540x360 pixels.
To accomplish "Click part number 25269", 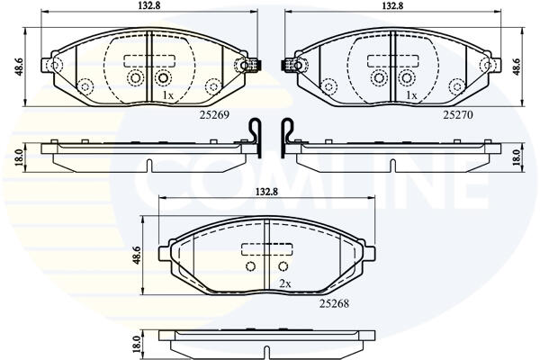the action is pyautogui.click(x=214, y=114).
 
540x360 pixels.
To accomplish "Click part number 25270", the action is pyautogui.click(x=458, y=114).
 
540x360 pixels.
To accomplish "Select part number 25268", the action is pyautogui.click(x=334, y=303).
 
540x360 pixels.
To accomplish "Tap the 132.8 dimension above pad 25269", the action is pyautogui.click(x=148, y=5).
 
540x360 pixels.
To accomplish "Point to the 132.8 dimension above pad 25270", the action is pyautogui.click(x=393, y=5).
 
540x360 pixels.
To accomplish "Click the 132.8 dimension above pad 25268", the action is pyautogui.click(x=266, y=192).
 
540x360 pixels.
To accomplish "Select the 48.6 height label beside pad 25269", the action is pyautogui.click(x=19, y=67).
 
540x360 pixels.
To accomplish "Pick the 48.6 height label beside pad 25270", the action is pyautogui.click(x=516, y=67).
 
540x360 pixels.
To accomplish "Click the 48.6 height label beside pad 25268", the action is pyautogui.click(x=137, y=256).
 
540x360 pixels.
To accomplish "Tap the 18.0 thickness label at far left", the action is pyautogui.click(x=19, y=157).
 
